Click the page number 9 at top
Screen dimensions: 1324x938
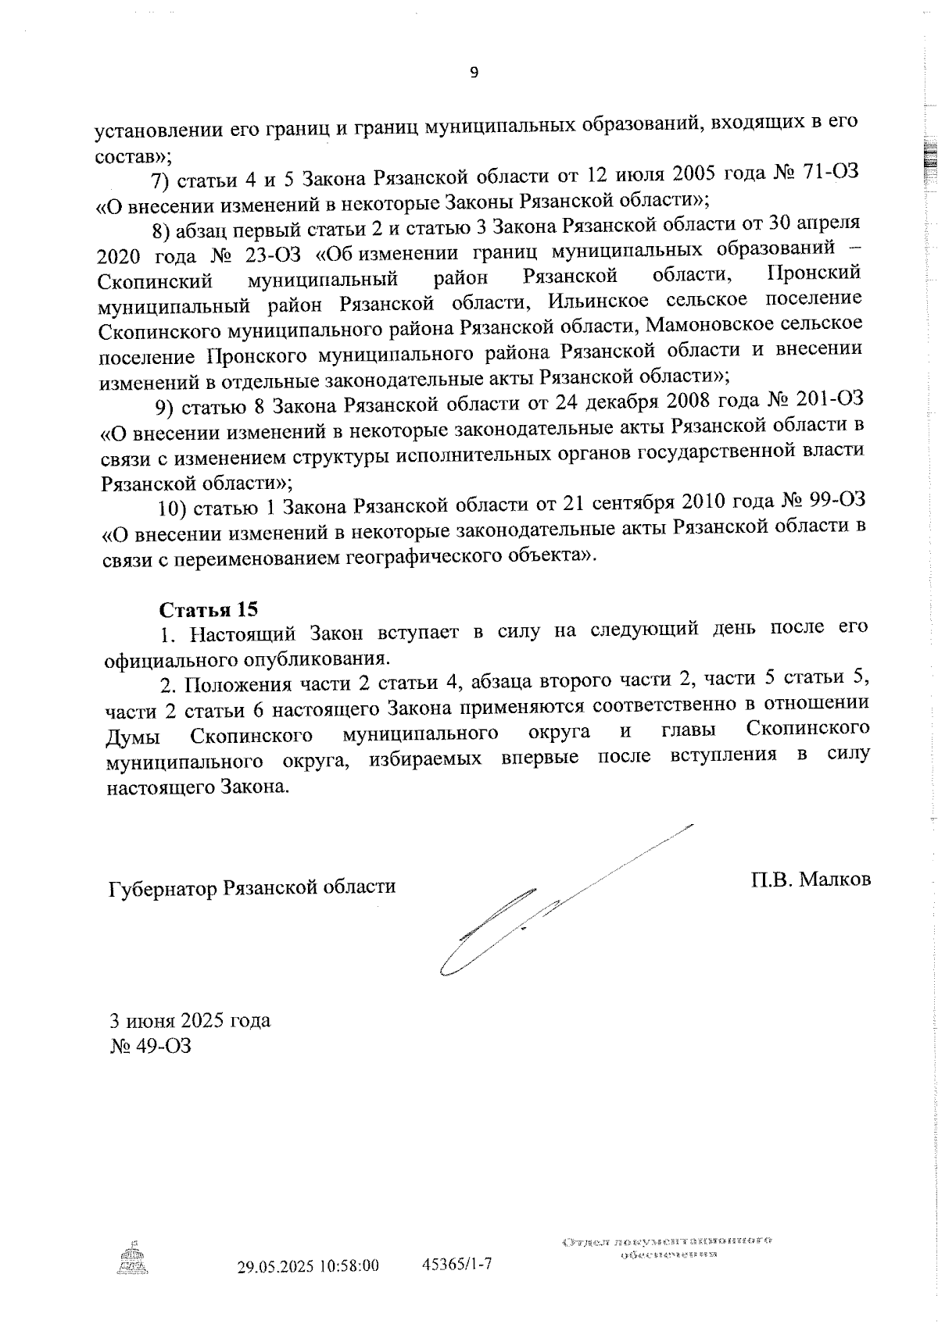(x=473, y=73)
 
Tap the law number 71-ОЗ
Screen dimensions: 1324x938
(x=830, y=173)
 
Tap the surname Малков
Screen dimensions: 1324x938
(x=836, y=880)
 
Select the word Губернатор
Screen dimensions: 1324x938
(x=162, y=888)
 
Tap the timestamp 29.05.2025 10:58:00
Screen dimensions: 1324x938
(x=308, y=1265)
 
